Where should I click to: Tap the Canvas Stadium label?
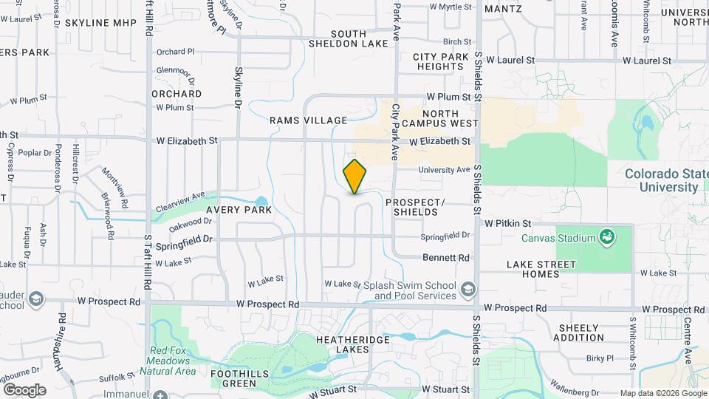click(x=558, y=238)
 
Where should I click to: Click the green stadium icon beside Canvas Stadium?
click(x=607, y=237)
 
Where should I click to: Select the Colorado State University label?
click(x=661, y=181)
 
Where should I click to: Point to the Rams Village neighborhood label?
click(x=308, y=120)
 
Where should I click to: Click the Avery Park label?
click(x=239, y=210)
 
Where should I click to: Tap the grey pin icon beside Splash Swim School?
click(x=467, y=288)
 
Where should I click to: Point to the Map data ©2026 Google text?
click(x=662, y=393)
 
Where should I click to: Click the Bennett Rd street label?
click(x=446, y=258)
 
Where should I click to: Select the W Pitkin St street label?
click(x=508, y=222)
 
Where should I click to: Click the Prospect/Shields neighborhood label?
click(x=415, y=207)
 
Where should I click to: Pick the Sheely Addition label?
click(x=581, y=332)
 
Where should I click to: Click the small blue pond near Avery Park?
click(x=260, y=201)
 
